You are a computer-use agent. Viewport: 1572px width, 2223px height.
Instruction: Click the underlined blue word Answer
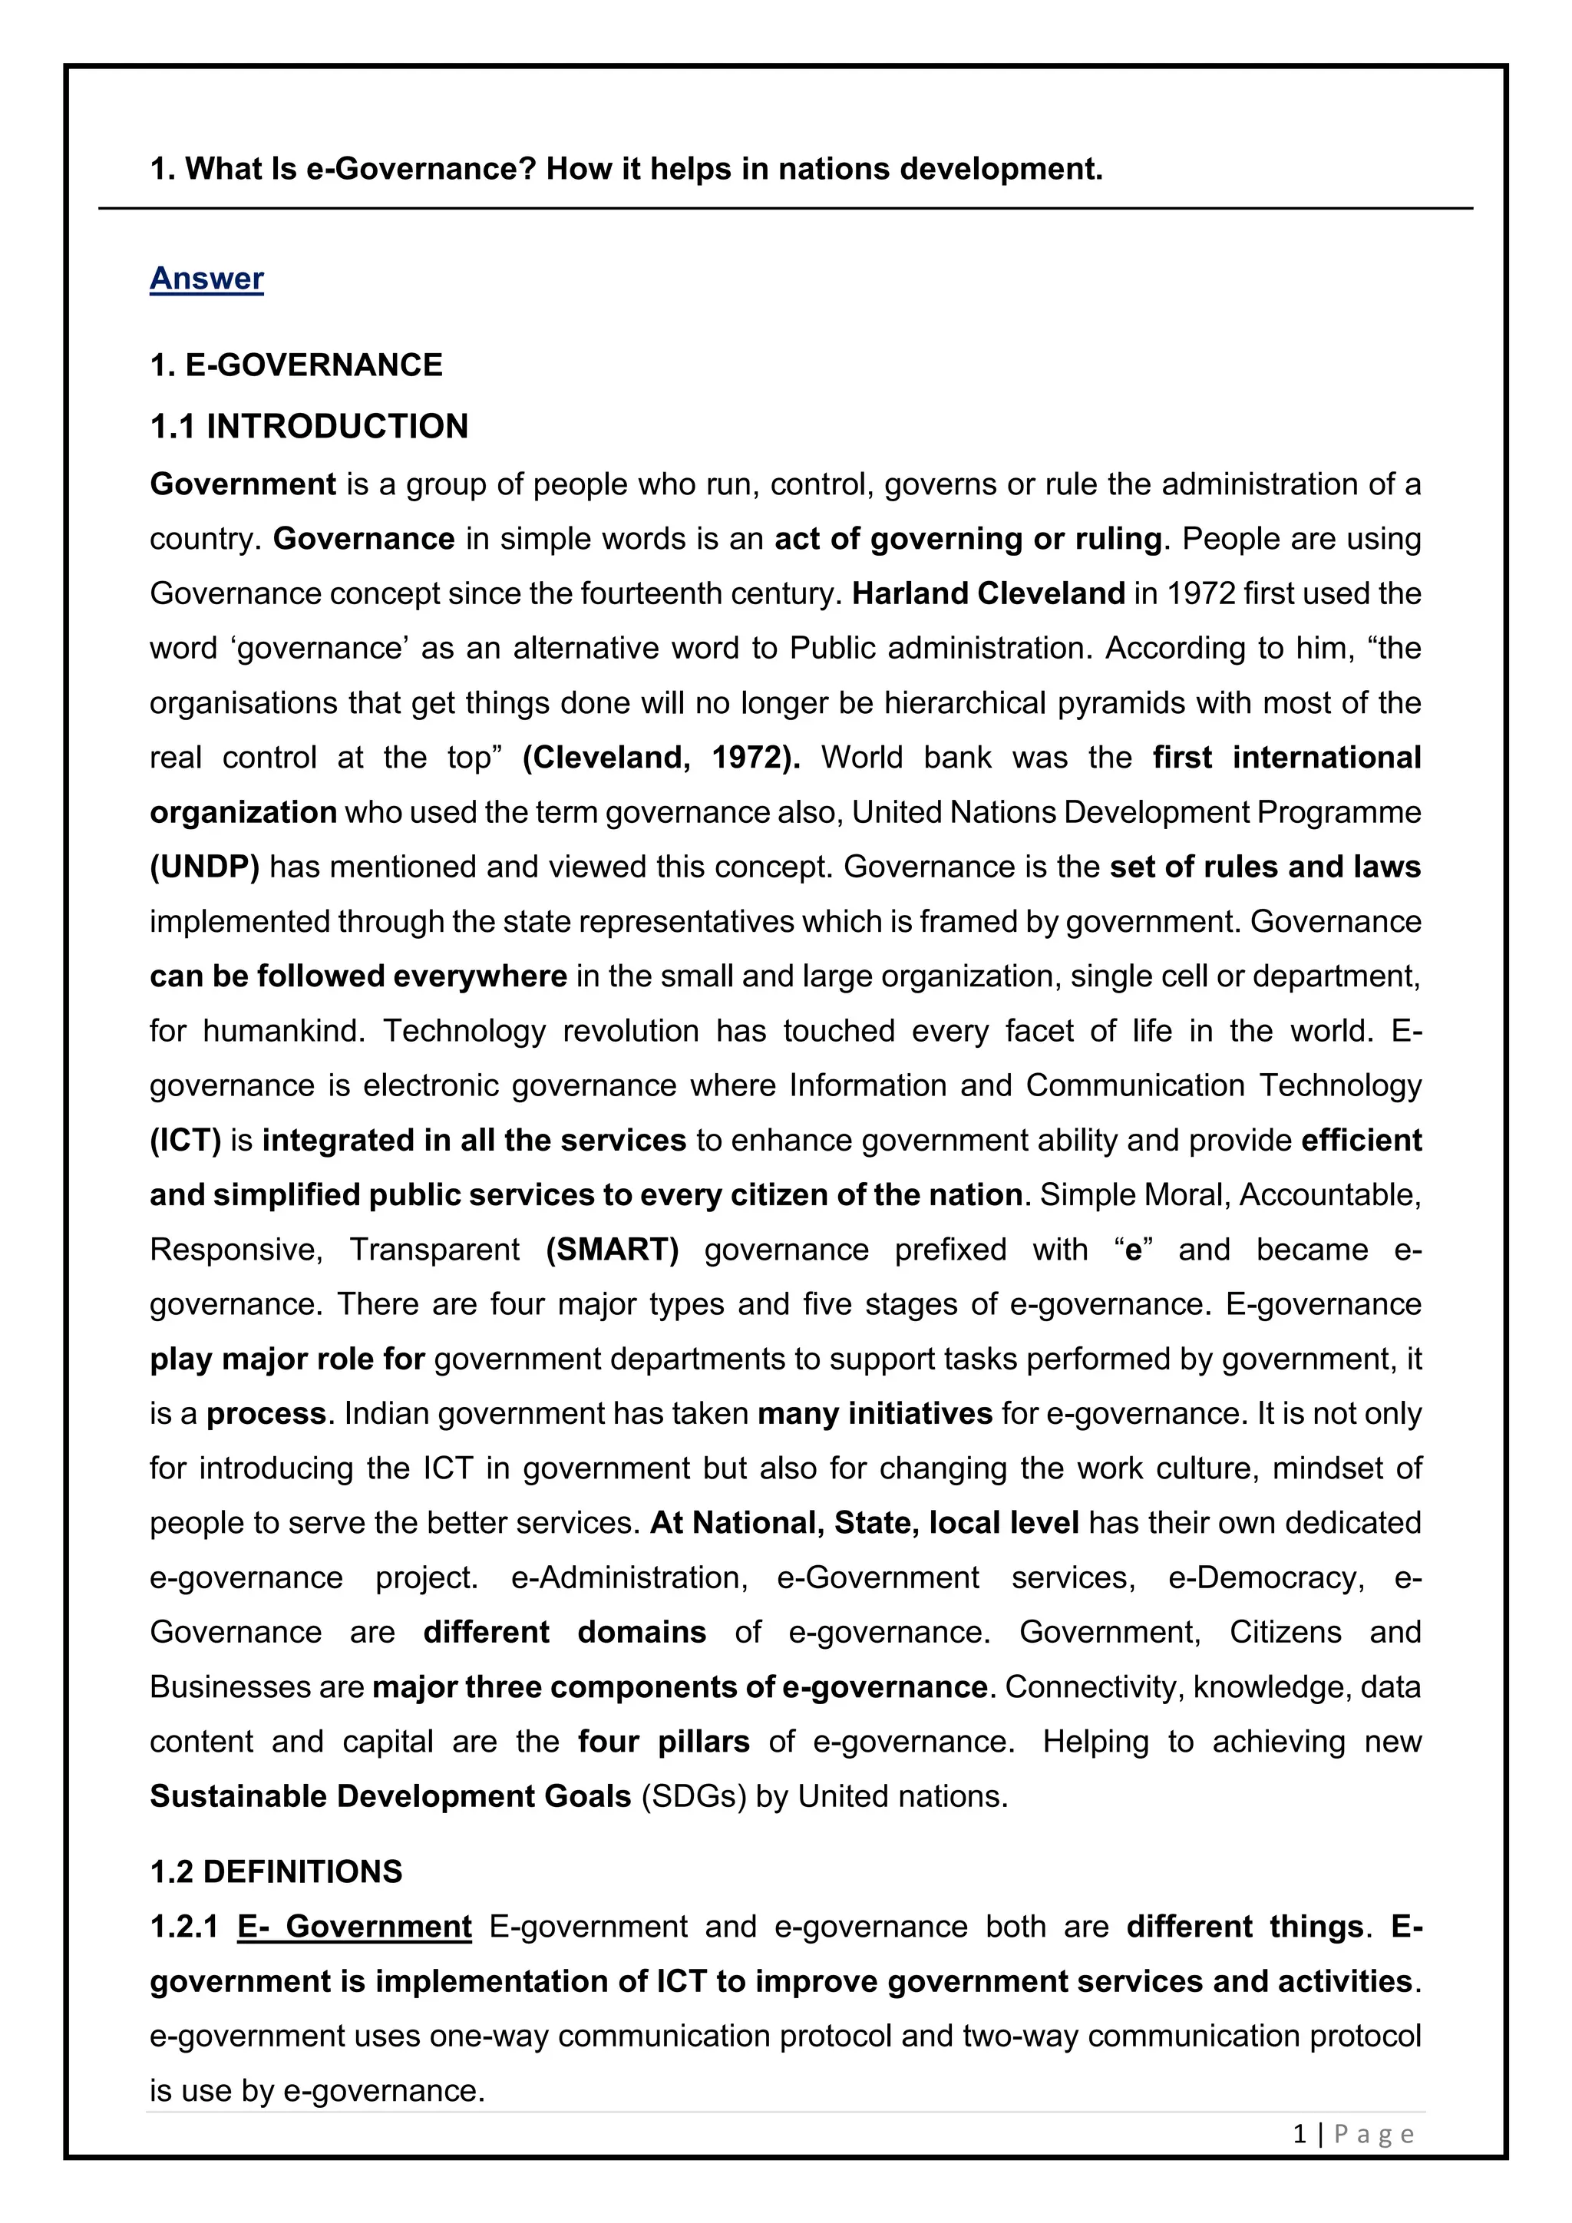206,279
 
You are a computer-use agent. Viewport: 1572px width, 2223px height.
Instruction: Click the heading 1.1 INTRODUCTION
309,427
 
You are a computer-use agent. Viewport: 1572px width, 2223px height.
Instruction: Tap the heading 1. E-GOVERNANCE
296,366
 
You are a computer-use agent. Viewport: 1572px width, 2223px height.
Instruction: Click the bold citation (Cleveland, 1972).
661,757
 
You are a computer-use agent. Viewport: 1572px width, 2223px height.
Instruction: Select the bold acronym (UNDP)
204,867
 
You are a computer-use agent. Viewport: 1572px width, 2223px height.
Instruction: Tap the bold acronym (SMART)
613,1250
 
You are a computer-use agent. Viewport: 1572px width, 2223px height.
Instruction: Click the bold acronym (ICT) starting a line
185,1141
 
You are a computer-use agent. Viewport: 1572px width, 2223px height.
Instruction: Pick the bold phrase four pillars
663,1742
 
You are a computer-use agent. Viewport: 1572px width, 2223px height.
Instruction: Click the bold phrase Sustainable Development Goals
390,1797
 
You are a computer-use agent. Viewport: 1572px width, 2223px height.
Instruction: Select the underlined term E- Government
355,1927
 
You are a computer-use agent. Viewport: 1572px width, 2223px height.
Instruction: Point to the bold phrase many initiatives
874,1414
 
